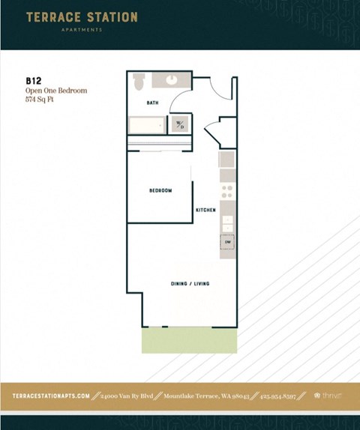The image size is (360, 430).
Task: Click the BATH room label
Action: [152, 103]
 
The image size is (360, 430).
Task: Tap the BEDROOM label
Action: [160, 191]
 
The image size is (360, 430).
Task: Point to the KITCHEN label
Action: [205, 211]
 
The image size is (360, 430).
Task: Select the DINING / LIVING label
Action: [190, 284]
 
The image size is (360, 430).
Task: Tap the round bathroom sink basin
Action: [172, 79]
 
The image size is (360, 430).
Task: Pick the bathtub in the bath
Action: [146, 124]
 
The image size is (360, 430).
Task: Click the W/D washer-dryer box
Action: [180, 124]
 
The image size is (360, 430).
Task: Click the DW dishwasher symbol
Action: [227, 242]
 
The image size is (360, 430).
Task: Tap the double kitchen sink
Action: [227, 222]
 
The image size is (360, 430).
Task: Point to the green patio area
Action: [189, 341]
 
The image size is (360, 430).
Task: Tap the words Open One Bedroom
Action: [56, 90]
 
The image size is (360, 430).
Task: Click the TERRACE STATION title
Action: [82, 16]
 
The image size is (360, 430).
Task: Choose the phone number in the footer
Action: [280, 396]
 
